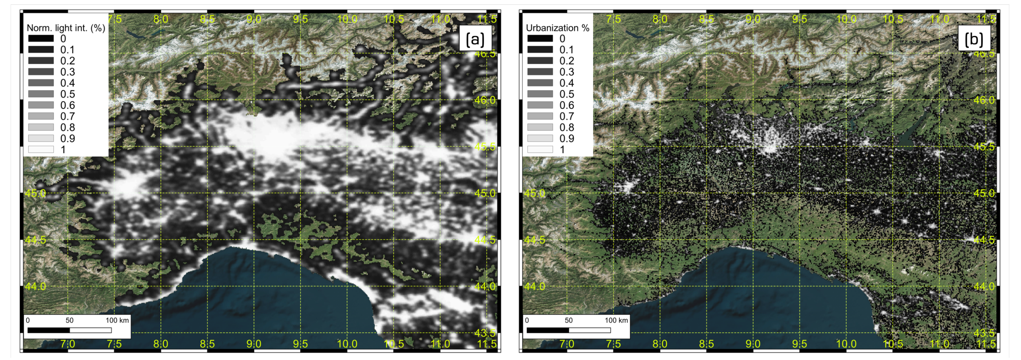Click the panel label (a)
(x=475, y=39)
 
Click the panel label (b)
(x=974, y=39)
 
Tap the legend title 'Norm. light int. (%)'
(x=66, y=28)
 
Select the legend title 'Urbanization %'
(x=557, y=28)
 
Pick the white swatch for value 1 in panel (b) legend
(x=540, y=149)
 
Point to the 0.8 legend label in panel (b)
(x=567, y=127)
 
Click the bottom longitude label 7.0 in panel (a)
(x=68, y=344)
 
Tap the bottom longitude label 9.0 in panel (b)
(x=753, y=344)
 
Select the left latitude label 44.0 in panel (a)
(x=36, y=286)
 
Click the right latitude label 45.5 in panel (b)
(x=984, y=147)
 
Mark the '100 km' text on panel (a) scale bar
(x=117, y=320)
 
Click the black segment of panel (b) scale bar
(x=547, y=330)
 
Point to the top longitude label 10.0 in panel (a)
(x=347, y=19)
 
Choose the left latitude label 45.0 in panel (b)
(x=535, y=193)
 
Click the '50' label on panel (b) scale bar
(x=568, y=320)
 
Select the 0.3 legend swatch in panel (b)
(x=540, y=72)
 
